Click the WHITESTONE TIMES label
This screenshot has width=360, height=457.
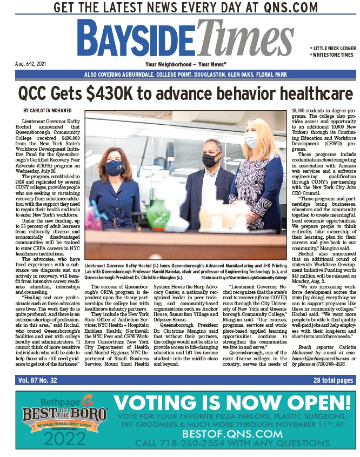click(333, 55)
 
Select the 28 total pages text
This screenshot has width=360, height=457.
click(333, 380)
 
